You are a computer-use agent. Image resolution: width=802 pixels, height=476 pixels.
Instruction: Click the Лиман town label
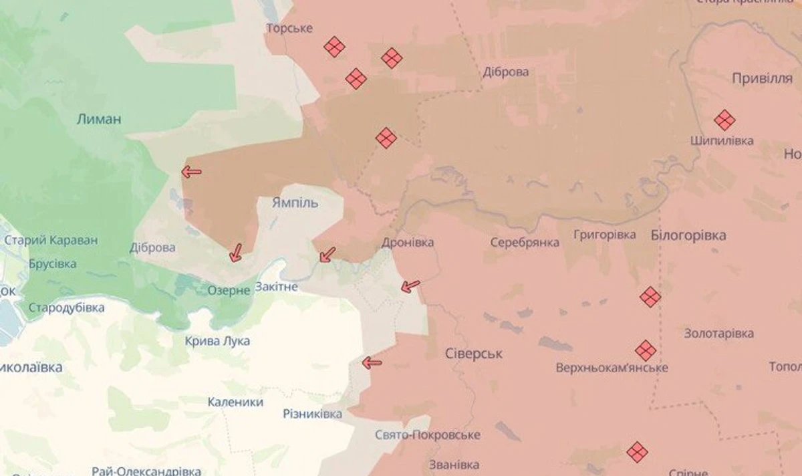(x=99, y=120)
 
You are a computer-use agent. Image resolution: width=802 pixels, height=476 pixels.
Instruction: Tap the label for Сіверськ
(x=473, y=354)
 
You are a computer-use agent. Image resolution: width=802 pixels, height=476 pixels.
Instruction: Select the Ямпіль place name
(x=295, y=203)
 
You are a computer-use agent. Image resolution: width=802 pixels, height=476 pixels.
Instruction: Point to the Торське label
(x=289, y=29)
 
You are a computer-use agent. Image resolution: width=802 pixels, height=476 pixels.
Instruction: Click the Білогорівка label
(x=688, y=235)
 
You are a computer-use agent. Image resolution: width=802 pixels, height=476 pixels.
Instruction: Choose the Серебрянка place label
(x=525, y=242)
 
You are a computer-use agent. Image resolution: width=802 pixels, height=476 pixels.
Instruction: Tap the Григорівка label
(x=605, y=235)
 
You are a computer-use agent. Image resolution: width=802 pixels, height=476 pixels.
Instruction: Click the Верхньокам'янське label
(x=612, y=368)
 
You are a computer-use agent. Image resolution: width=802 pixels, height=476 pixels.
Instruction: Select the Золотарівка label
(x=718, y=333)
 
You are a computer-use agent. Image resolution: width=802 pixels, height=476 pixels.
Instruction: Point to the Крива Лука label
(x=218, y=341)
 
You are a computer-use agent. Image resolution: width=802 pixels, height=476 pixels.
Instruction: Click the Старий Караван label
(x=51, y=241)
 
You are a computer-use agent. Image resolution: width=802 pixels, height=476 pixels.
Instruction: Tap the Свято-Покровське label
(x=427, y=435)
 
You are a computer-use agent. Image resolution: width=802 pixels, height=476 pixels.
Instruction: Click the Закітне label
(x=276, y=286)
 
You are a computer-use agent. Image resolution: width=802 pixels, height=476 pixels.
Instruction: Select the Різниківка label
(x=312, y=414)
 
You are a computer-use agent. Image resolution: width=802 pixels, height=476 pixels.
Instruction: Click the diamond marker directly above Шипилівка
(x=724, y=120)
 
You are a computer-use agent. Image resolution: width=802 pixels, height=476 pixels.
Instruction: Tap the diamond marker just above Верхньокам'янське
(x=645, y=350)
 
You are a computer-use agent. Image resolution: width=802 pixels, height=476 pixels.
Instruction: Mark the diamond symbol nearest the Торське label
(x=334, y=47)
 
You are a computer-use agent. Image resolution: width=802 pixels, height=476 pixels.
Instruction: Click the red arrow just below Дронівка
(x=410, y=287)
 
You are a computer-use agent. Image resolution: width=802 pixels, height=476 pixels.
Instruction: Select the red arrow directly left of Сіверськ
(x=372, y=363)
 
